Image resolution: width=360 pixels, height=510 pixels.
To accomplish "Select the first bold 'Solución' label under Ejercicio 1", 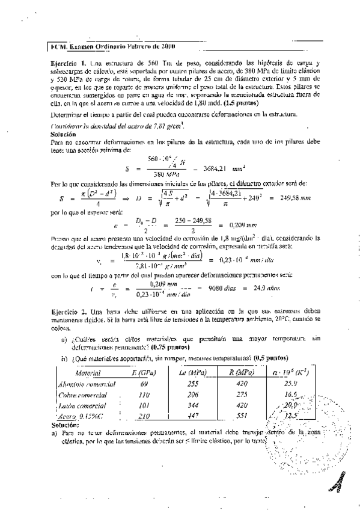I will click(x=61, y=136).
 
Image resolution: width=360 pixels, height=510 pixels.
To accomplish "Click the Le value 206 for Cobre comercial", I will click(x=193, y=395).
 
